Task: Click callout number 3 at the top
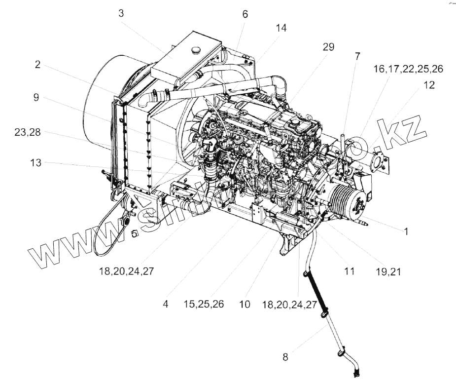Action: pyautogui.click(x=121, y=13)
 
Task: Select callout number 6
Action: pyautogui.click(x=245, y=14)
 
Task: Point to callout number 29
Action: pyautogui.click(x=328, y=47)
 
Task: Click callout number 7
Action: pyautogui.click(x=357, y=56)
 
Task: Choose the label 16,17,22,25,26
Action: pyautogui.click(x=408, y=69)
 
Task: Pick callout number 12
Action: pyautogui.click(x=429, y=85)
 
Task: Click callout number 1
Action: pyautogui.click(x=406, y=231)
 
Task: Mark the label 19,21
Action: pyautogui.click(x=386, y=270)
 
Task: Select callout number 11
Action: pyautogui.click(x=350, y=271)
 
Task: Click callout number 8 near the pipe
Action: pyautogui.click(x=285, y=357)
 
